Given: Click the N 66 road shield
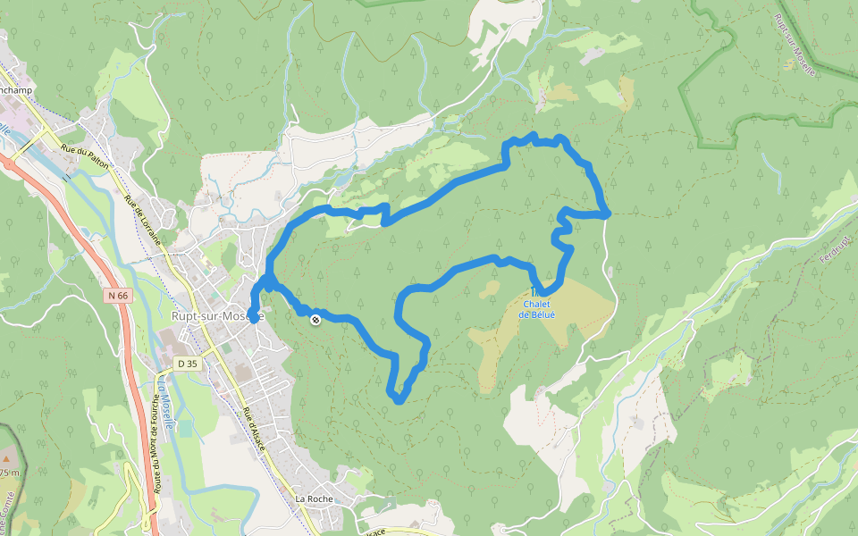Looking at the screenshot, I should click(x=117, y=295).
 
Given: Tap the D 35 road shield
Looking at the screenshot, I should click(x=187, y=364).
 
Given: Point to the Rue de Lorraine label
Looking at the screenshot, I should click(x=144, y=220).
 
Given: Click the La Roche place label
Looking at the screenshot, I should click(x=314, y=498).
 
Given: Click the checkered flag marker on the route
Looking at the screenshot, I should click(x=315, y=319).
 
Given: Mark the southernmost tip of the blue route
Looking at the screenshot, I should click(x=398, y=399).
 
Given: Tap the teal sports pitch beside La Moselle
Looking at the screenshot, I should click(x=185, y=429).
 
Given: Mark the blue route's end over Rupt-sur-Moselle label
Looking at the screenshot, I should click(x=254, y=316).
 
